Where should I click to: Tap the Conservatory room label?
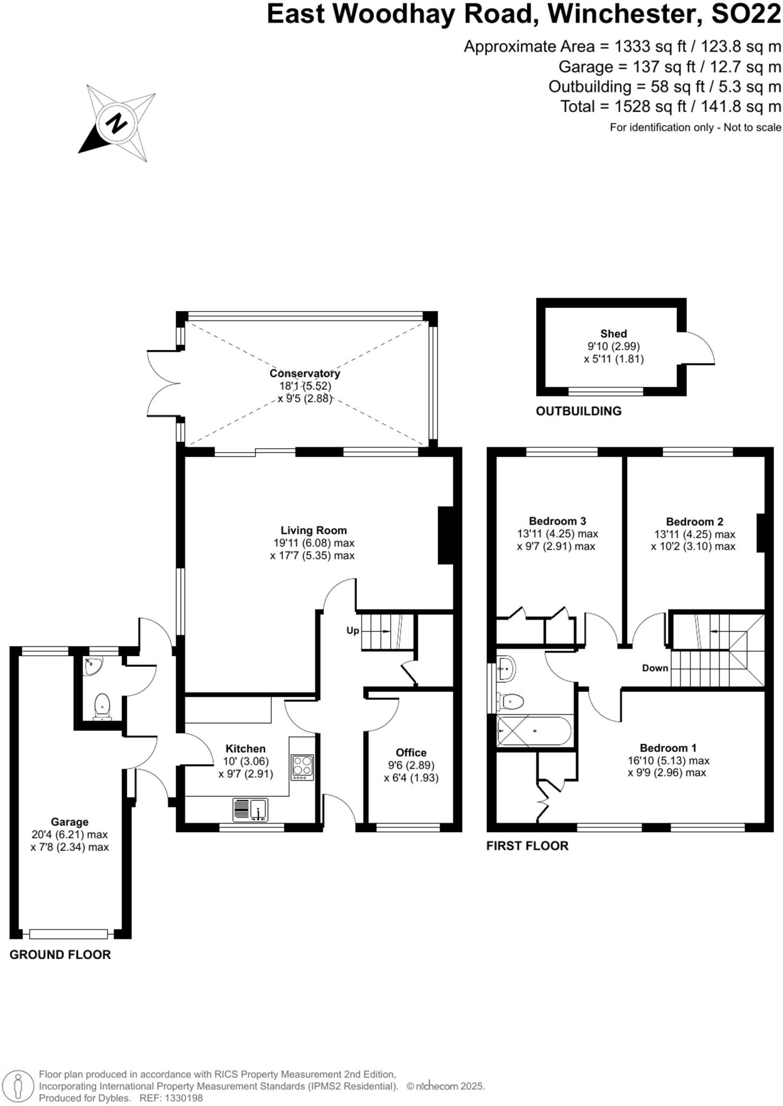coord(305,373)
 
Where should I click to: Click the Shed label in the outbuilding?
coord(613,334)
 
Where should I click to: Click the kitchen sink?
coord(251,810)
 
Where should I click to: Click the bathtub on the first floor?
coord(534,731)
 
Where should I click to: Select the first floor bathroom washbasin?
coord(506,668)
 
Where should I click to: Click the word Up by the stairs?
coord(352,630)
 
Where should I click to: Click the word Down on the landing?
coord(655,668)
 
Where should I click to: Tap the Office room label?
coord(411,752)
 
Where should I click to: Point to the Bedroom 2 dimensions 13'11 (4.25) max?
coord(694,534)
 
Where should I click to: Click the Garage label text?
coord(70,822)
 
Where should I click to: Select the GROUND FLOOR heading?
coord(60,954)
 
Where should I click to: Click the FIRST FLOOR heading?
coord(527,846)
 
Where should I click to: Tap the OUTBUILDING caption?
coord(578,411)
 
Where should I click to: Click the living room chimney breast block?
coord(445,535)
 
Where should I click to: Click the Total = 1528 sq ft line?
coord(671,106)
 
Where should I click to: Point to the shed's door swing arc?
coord(701,347)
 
